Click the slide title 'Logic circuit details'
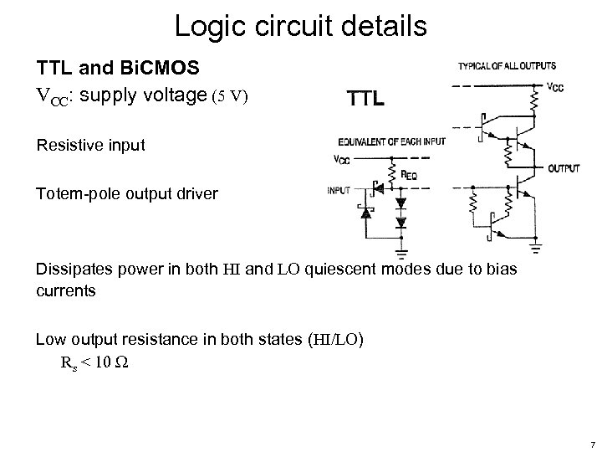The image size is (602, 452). point(301,25)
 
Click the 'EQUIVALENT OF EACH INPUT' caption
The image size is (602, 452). point(391,141)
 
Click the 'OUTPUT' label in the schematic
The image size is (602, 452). point(564,168)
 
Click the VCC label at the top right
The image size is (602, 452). point(555,85)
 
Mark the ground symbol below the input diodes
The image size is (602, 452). point(403,248)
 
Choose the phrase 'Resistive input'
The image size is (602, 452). point(90,145)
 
